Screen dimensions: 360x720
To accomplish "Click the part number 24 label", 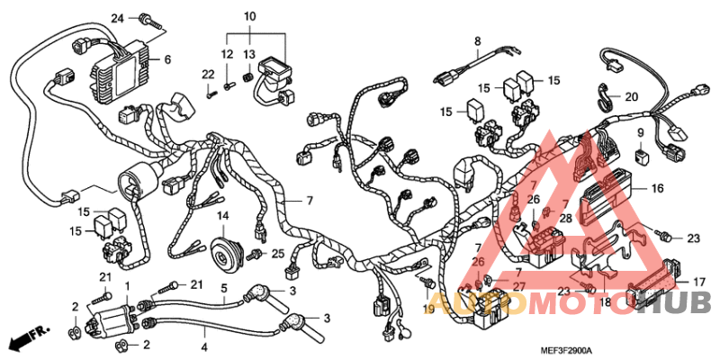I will [x=117, y=19].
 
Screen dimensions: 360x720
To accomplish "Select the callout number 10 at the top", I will [x=249, y=16].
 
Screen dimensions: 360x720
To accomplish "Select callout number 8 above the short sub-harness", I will [x=478, y=40].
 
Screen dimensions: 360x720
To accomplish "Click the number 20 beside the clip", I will [x=631, y=97].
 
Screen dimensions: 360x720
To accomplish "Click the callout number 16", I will [x=657, y=189].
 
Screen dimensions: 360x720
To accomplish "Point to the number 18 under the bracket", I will [x=605, y=303].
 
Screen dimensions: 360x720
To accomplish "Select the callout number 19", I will [x=428, y=309].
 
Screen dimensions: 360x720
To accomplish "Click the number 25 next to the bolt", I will [x=278, y=253].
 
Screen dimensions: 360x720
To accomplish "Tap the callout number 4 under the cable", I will [x=204, y=346].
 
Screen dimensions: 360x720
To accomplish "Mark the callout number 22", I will [x=206, y=74].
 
